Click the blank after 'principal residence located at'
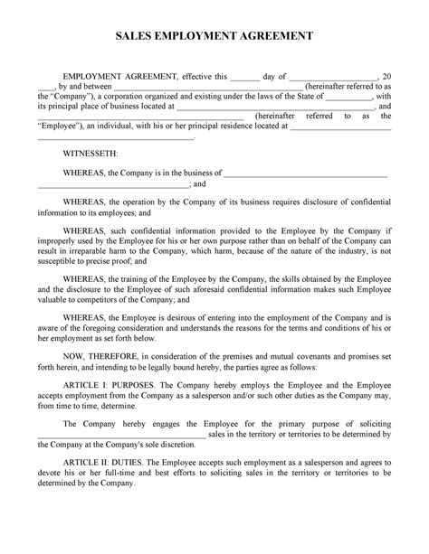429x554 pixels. (338, 127)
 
